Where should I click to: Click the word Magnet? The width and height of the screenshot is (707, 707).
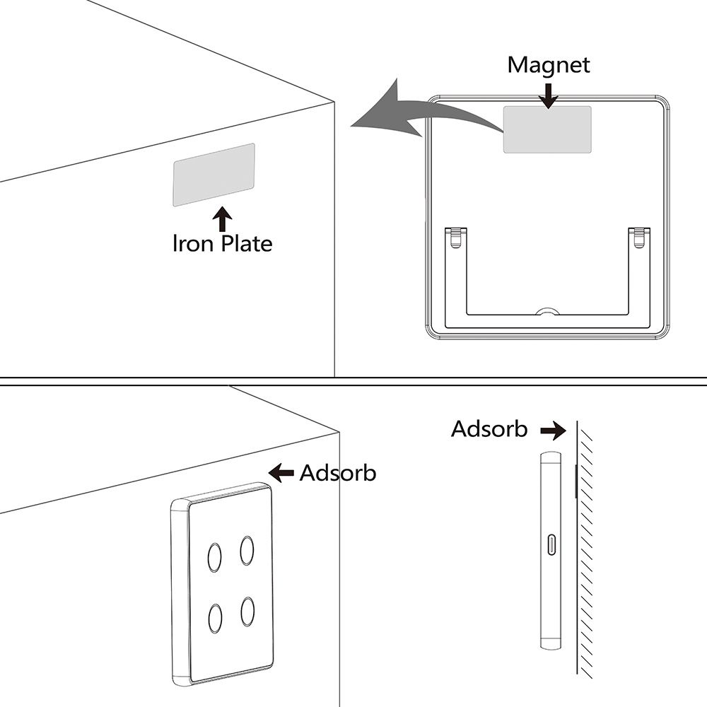click(549, 66)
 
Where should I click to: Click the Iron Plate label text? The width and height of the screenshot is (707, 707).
click(223, 243)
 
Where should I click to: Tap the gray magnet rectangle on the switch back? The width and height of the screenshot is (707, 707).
click(547, 130)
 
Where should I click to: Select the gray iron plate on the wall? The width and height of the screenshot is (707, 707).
click(214, 175)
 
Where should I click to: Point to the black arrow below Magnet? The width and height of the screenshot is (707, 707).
click(549, 95)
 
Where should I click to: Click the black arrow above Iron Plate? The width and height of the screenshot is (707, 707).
click(222, 219)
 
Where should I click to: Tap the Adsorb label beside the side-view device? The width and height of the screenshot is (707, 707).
click(489, 429)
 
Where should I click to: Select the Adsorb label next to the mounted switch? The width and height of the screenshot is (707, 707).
click(338, 473)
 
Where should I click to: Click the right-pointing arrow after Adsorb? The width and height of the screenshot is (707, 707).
click(554, 430)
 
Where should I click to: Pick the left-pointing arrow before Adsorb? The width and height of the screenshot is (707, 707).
click(281, 473)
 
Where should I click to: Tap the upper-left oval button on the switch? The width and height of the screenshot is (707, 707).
click(215, 558)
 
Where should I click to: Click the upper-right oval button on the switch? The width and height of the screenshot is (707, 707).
click(247, 551)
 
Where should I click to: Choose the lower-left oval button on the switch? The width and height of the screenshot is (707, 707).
click(215, 619)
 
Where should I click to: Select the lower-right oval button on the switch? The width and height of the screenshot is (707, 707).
click(247, 612)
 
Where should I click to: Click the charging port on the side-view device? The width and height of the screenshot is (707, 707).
click(551, 544)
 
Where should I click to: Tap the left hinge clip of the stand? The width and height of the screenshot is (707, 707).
click(456, 238)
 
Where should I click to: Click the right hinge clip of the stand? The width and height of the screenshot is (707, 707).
click(639, 238)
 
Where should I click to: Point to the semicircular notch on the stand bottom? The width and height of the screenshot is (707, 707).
click(548, 311)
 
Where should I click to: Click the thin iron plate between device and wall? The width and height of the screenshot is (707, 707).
click(576, 481)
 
